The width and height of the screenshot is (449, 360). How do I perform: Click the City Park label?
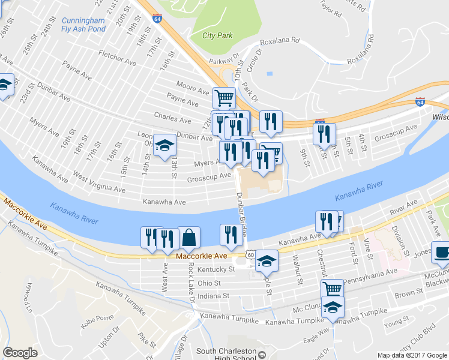pos(217,35)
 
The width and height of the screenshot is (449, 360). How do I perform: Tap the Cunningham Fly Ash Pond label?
pos(83,25)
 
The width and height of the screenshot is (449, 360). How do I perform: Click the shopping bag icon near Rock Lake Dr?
pos(189,238)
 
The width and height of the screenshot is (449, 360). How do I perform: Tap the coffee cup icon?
pos(442,252)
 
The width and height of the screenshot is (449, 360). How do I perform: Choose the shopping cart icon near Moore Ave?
pos(224,97)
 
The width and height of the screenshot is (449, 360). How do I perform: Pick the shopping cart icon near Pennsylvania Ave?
pos(332,289)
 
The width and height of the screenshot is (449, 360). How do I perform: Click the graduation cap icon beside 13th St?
pos(164,145)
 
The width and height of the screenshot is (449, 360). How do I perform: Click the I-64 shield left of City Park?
pos(157,19)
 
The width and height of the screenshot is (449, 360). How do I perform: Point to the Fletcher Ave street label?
pos(118,59)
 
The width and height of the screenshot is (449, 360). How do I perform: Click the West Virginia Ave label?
pos(98,182)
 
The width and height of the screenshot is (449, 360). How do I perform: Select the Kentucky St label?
pos(214,270)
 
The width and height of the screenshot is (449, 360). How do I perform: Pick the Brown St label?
pos(405,295)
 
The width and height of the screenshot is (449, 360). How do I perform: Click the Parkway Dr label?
pos(224,61)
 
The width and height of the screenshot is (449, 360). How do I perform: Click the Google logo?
pos(20,353)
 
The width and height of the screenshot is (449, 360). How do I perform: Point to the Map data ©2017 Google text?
pos(412,355)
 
